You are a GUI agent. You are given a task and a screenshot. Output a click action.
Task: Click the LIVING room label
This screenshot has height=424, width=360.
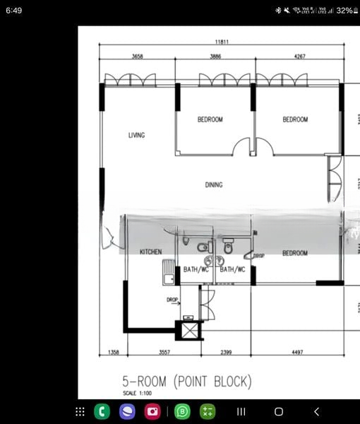(x=136, y=135)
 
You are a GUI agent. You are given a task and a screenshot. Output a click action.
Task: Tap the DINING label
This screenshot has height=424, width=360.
(x=214, y=185)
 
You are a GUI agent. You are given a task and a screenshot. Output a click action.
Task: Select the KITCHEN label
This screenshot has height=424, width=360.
(x=150, y=252)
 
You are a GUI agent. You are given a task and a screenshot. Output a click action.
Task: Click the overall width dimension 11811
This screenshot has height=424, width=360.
(x=222, y=42)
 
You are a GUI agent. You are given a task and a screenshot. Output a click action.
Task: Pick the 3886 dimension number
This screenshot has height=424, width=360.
(x=217, y=56)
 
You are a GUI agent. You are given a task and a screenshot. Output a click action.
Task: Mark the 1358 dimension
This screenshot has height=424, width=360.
(x=113, y=352)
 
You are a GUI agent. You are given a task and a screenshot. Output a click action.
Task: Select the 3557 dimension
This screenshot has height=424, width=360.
(x=164, y=352)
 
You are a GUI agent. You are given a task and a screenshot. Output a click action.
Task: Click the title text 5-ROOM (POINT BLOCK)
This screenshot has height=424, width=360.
(x=186, y=382)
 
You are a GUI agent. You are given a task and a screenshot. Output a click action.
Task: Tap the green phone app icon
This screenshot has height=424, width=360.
(x=102, y=411)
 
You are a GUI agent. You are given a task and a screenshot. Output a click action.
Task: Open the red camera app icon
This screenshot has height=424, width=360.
(x=153, y=411)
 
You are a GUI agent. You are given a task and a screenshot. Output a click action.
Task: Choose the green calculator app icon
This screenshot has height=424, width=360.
(x=208, y=411)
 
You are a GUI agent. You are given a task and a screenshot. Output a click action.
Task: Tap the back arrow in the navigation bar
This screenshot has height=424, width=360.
(x=316, y=411)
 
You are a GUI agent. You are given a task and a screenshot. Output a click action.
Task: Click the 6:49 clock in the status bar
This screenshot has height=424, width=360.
(x=13, y=11)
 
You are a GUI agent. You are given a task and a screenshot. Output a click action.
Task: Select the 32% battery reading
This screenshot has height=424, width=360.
(x=344, y=11)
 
